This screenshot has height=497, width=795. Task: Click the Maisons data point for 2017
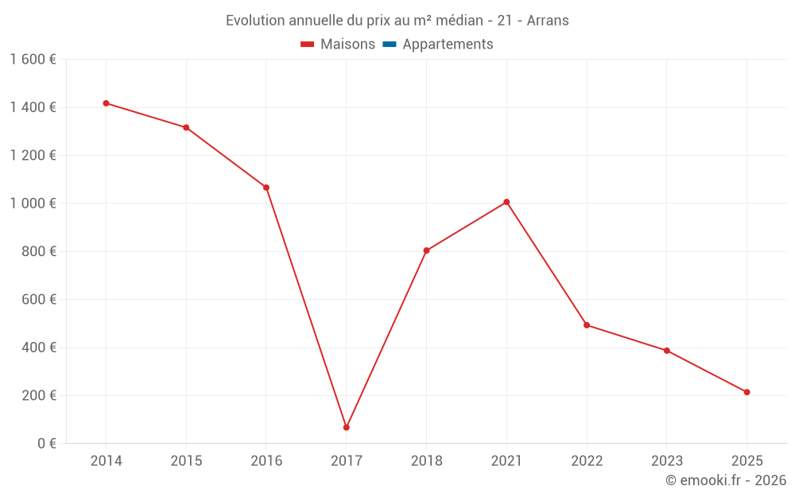347,427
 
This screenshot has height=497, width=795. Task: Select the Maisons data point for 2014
106,103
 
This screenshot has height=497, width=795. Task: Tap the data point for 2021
506,202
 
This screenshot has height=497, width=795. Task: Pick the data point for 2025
747,392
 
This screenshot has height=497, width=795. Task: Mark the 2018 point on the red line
426,250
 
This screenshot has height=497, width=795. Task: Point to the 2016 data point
266,188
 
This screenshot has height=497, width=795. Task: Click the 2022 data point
587,325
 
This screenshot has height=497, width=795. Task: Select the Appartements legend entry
448,45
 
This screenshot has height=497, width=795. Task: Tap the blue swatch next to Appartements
390,45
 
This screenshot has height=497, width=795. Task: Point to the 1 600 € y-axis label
33,60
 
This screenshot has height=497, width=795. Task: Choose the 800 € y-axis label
37,251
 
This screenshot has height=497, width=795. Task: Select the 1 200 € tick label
33,156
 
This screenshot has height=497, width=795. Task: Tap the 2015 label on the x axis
186,461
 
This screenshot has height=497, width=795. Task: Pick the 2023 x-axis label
666,461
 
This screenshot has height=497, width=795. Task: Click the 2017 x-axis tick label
347,461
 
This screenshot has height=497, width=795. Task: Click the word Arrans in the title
548,21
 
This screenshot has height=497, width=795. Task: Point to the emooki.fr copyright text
726,480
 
